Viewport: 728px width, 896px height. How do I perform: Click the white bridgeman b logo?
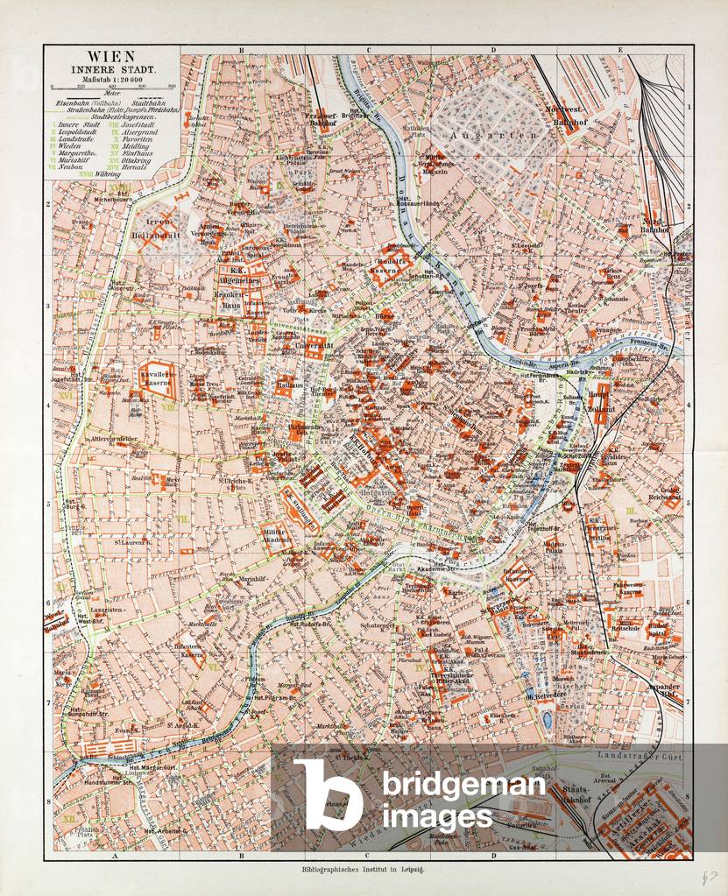pyautogui.click(x=328, y=794)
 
